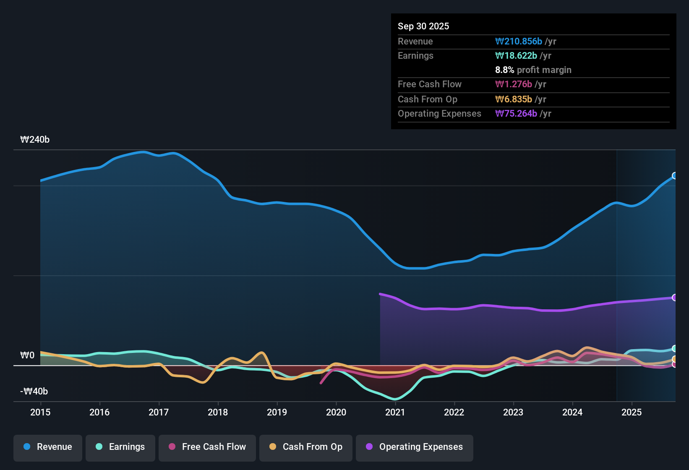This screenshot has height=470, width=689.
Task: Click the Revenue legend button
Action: click(48, 447)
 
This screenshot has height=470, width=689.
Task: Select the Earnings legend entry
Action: click(120, 447)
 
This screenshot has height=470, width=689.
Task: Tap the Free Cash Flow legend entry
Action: click(207, 447)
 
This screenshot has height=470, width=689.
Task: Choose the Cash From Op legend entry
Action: click(306, 447)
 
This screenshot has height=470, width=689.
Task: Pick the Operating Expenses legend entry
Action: click(415, 447)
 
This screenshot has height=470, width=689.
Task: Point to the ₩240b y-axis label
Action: click(35, 140)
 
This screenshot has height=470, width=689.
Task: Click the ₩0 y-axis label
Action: click(27, 355)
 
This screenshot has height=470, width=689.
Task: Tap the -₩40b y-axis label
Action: click(34, 392)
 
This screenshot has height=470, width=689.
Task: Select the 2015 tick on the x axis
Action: click(40, 413)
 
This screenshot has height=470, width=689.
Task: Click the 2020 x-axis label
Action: click(336, 413)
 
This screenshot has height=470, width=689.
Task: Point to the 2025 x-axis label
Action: click(632, 413)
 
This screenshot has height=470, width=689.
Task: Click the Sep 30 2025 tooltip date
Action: click(423, 26)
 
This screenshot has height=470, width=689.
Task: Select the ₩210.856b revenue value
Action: click(519, 42)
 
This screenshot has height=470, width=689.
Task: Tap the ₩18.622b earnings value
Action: click(516, 56)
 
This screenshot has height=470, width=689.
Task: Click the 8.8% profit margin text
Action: click(533, 70)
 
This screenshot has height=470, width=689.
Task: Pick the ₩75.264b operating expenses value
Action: click(516, 114)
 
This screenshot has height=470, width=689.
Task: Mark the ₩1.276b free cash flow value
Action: click(514, 84)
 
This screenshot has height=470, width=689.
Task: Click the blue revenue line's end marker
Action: click(675, 176)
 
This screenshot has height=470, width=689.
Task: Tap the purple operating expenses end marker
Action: click(675, 298)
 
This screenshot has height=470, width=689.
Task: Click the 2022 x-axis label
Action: click(454, 413)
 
